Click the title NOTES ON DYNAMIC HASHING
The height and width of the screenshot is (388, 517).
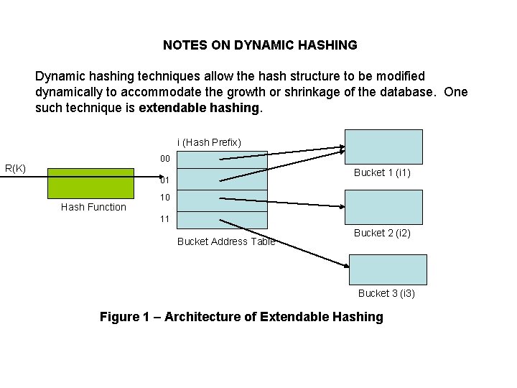tap(259, 45)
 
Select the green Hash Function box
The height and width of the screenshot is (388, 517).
tap(90, 183)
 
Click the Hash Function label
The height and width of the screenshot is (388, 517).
tap(93, 207)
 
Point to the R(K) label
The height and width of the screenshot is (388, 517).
tap(16, 169)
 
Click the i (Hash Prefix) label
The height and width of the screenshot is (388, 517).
tap(209, 142)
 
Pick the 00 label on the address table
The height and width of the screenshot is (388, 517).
tap(164, 157)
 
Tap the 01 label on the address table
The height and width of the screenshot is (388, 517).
tap(164, 180)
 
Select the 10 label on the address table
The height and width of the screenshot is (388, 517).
tap(164, 197)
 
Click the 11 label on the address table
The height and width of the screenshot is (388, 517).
tap(164, 218)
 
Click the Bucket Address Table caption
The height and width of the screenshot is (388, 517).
tap(226, 241)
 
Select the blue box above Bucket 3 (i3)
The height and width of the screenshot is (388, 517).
tap(388, 269)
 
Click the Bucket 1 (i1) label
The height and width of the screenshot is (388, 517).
tap(382, 172)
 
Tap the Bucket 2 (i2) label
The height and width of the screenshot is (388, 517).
tap(382, 233)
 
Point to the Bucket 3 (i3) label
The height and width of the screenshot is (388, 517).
tap(386, 293)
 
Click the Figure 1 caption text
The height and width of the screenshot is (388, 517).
tap(241, 317)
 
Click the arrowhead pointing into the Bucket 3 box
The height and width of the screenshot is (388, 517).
tap(346, 266)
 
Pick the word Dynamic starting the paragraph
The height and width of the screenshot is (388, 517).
tap(60, 75)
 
